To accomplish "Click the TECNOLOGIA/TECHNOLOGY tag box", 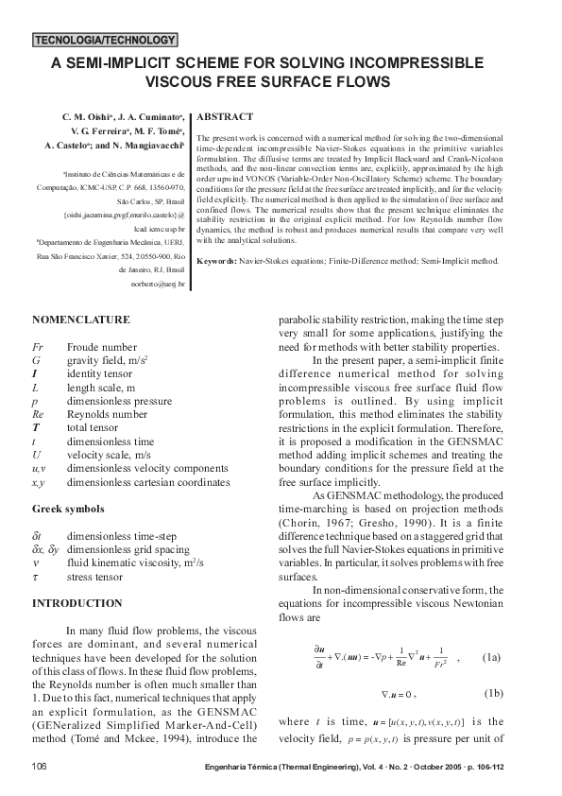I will click(105, 41).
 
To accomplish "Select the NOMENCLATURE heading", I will click(81, 320).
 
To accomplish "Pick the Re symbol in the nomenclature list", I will click(38, 414).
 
